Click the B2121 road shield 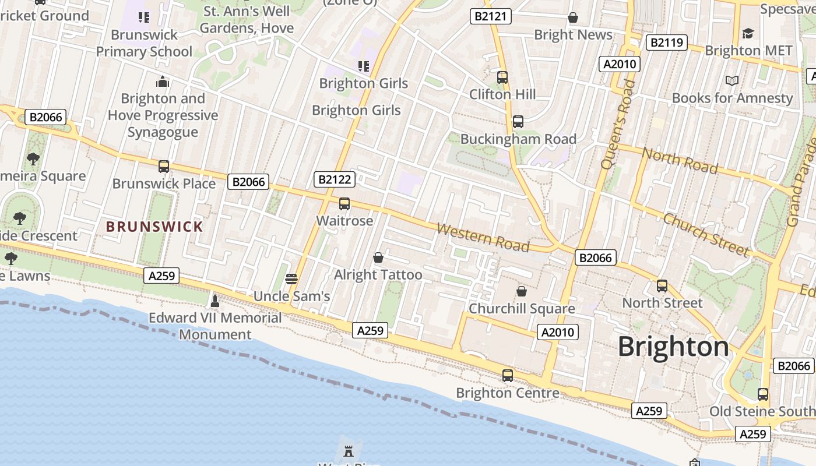[x=490, y=16]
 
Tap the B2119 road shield [x=666, y=43]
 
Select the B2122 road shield [x=334, y=179]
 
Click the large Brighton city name [x=673, y=347]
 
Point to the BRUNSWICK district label [x=154, y=227]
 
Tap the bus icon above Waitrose [x=344, y=204]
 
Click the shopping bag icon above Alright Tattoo [x=378, y=257]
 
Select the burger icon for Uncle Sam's [x=291, y=278]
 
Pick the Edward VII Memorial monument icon [x=215, y=301]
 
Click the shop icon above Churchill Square [x=522, y=291]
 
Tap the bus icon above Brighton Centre [x=508, y=376]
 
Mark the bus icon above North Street [x=662, y=286]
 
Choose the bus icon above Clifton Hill [x=502, y=77]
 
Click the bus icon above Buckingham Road [x=518, y=122]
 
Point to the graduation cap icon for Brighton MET [x=748, y=33]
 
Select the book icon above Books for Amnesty [x=732, y=80]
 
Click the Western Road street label [x=483, y=237]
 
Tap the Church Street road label [x=706, y=235]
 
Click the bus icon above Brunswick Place [x=164, y=167]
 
